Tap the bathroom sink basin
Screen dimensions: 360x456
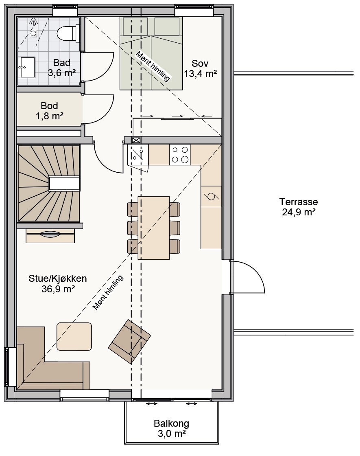pyautogui.click(x=26, y=67)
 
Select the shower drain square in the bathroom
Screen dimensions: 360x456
pyautogui.click(x=33, y=33)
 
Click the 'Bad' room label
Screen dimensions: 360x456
pyautogui.click(x=61, y=63)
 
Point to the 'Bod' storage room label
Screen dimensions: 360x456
pyautogui.click(x=49, y=105)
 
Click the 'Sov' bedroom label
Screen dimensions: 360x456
pyautogui.click(x=200, y=63)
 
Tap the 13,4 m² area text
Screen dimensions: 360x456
pyautogui.click(x=200, y=74)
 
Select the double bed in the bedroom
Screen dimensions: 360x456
pyautogui.click(x=151, y=53)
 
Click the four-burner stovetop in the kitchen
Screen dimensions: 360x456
pyautogui.click(x=180, y=155)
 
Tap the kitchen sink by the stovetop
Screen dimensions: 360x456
pyautogui.click(x=138, y=155)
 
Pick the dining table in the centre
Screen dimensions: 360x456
pyautogui.click(x=153, y=228)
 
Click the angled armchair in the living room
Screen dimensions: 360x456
pyautogui.click(x=130, y=342)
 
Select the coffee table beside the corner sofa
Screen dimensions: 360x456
pyautogui.click(x=74, y=336)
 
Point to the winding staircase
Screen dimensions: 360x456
pyautogui.click(x=49, y=184)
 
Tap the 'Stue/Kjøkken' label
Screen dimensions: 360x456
pyautogui.click(x=57, y=278)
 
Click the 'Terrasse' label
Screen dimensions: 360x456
pyautogui.click(x=299, y=202)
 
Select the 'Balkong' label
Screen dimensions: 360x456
pyautogui.click(x=171, y=423)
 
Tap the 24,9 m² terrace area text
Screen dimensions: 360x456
pyautogui.click(x=299, y=212)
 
